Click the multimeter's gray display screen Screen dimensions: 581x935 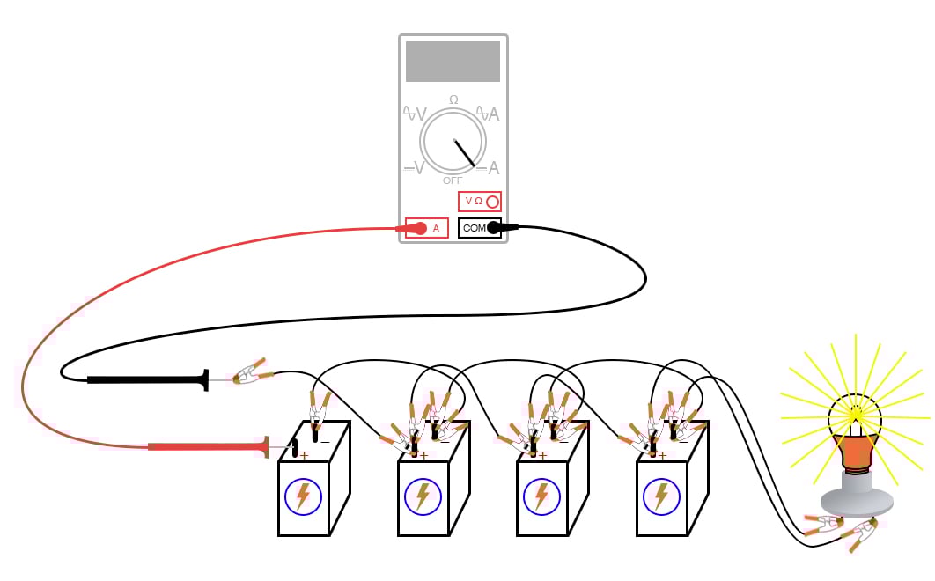coord(453,62)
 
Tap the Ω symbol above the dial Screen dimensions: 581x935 coord(453,99)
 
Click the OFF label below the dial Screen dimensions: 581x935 coord(453,180)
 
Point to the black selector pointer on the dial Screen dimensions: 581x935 coord(465,153)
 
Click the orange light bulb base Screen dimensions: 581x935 coord(856,452)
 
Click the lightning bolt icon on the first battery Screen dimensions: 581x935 coord(303,496)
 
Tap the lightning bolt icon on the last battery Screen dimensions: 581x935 coord(660,496)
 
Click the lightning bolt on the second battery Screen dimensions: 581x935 coord(423,496)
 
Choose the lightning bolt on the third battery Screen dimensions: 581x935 coord(541,496)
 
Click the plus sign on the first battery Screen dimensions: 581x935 coord(305,455)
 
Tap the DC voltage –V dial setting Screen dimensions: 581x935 coord(414,167)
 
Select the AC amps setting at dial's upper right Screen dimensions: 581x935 coord(489,114)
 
